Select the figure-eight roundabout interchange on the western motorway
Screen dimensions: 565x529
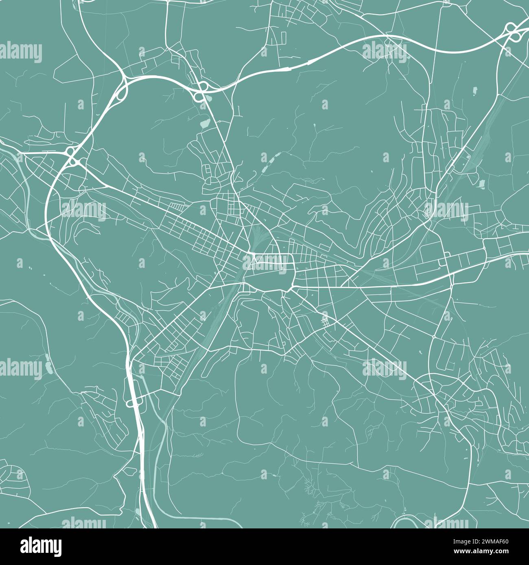click(72, 156)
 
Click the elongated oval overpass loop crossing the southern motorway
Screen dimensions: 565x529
click(134, 403)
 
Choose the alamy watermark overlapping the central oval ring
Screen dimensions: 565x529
click(265, 262)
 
